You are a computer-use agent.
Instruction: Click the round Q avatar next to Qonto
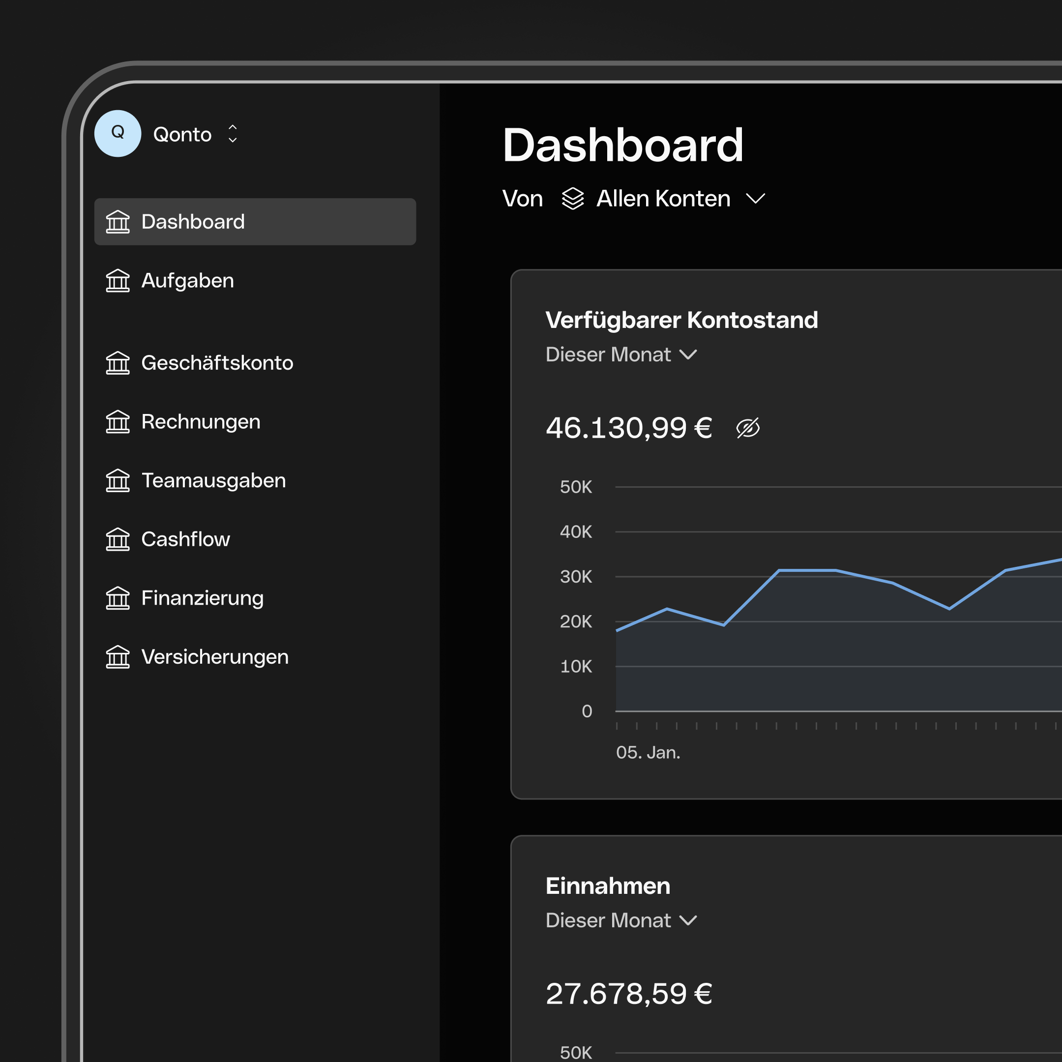[118, 134]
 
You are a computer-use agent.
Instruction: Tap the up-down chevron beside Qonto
[233, 134]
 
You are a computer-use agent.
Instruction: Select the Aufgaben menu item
[187, 281]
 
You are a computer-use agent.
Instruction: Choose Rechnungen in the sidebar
[200, 422]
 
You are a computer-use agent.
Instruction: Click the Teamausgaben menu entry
[213, 480]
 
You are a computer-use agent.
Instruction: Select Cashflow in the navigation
[185, 539]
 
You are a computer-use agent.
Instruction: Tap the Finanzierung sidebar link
[202, 598]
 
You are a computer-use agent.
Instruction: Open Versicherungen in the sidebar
[214, 657]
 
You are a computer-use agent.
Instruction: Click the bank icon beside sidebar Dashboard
[118, 222]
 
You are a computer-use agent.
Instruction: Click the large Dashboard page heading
[622, 145]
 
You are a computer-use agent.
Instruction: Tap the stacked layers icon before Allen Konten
[573, 199]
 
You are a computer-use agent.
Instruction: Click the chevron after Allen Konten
[755, 199]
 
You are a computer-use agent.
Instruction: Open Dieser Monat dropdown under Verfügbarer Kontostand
[621, 354]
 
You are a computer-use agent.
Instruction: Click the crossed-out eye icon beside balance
[747, 428]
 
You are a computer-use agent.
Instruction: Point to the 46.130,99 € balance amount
[628, 428]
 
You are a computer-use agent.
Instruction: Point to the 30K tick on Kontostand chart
[576, 577]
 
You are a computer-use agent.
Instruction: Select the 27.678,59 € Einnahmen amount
[628, 994]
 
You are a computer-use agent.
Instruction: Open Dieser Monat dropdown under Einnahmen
[621, 921]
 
